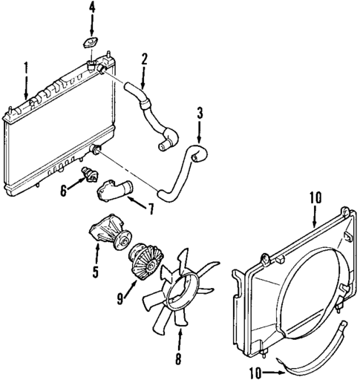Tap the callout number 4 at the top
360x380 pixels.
coord(92,8)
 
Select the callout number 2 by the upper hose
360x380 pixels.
coord(144,58)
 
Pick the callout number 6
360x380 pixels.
coord(63,190)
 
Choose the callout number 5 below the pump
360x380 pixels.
coord(96,271)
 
